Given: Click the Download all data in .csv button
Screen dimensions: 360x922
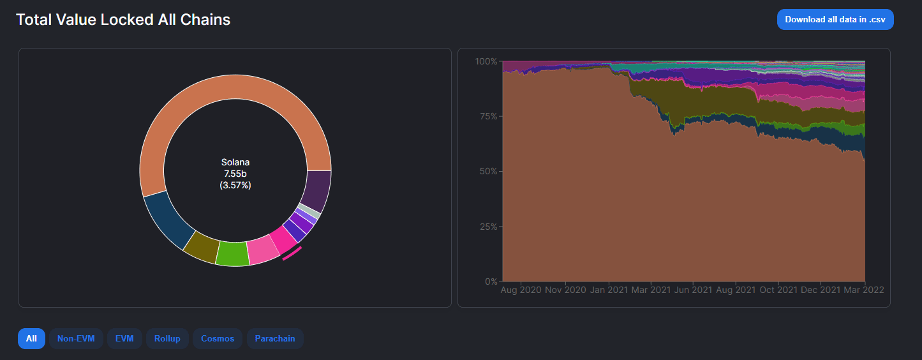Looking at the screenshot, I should [835, 20].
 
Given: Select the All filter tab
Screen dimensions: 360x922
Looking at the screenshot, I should [31, 338].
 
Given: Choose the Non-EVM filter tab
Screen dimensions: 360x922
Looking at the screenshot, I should [76, 338].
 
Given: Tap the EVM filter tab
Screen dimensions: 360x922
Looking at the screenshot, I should [124, 338].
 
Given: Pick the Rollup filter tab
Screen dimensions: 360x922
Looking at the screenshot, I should [167, 338].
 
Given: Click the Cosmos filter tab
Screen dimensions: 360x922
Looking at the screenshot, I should [218, 338].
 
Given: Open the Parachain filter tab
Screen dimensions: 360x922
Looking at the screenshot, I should [275, 338].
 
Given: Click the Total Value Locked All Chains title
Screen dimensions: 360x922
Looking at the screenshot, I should [123, 20].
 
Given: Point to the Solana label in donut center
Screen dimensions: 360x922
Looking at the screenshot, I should [235, 162].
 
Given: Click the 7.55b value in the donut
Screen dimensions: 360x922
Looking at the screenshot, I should [235, 174].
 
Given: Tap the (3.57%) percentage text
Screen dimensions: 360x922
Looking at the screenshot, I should [235, 185].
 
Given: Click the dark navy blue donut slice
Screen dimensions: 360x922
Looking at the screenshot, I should [167, 220].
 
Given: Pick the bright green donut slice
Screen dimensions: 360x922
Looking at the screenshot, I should [232, 253].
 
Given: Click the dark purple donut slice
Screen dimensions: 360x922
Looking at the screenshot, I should [317, 190].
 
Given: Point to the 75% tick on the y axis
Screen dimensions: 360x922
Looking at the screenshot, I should [487, 117].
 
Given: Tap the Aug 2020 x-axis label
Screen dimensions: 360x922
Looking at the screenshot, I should [521, 290].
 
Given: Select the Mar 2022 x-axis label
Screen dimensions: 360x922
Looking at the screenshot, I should [865, 290].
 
